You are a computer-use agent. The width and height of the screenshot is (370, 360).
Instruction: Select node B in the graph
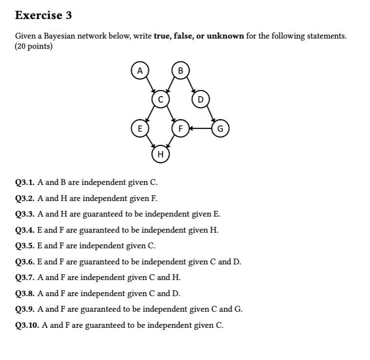[180, 70]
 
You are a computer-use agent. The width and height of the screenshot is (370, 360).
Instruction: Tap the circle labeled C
[160, 99]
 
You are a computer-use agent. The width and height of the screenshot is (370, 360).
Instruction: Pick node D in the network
[200, 100]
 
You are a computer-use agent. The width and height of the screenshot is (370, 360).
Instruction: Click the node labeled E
[139, 129]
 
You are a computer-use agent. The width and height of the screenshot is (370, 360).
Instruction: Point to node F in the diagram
[180, 129]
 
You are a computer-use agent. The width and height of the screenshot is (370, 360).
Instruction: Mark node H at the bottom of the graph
[160, 155]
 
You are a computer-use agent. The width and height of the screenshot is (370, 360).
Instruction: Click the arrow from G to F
[200, 129]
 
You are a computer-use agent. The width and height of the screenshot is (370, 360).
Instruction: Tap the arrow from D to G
[211, 115]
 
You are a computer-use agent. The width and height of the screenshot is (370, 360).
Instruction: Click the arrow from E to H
[149, 142]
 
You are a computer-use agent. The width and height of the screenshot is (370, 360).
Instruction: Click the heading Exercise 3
[43, 15]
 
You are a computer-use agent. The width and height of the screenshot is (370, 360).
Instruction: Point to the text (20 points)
[34, 46]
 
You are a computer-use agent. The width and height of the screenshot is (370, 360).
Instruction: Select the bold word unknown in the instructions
[225, 36]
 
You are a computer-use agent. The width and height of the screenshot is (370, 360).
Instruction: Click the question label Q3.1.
[24, 183]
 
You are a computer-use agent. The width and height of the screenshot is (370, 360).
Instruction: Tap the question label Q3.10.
[27, 325]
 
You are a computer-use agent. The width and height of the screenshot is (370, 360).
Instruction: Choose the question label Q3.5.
[24, 246]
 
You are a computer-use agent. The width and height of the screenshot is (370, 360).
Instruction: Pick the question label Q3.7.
[24, 278]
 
